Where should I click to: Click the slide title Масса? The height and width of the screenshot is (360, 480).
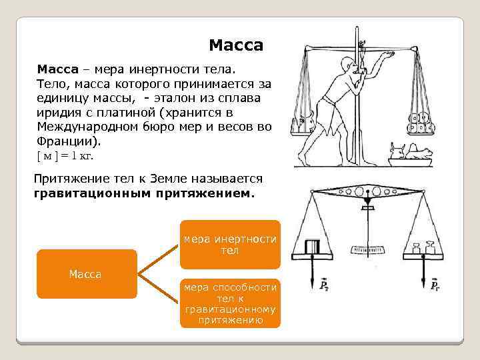[236, 45]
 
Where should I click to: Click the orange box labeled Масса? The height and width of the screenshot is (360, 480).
[85, 274]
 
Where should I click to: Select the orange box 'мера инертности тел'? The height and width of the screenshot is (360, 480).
[230, 245]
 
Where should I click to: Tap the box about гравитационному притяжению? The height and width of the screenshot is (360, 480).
[230, 303]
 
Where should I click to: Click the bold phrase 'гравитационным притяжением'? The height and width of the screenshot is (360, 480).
[143, 194]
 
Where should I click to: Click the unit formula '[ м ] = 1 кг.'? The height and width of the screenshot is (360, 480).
[64, 156]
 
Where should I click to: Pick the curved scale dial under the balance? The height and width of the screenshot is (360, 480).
[367, 251]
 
